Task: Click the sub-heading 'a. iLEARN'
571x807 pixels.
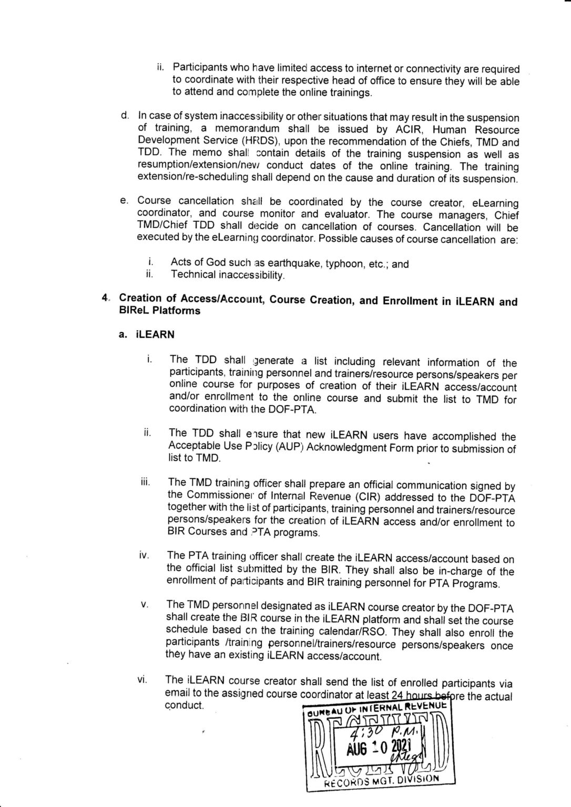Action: pyautogui.click(x=147, y=335)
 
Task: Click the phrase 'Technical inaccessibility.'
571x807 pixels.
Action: pyautogui.click(x=228, y=275)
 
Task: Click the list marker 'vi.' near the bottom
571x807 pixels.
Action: pyautogui.click(x=142, y=680)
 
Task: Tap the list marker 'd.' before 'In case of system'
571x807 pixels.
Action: pyautogui.click(x=124, y=115)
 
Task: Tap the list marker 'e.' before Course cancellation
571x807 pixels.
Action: pyautogui.click(x=124, y=200)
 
